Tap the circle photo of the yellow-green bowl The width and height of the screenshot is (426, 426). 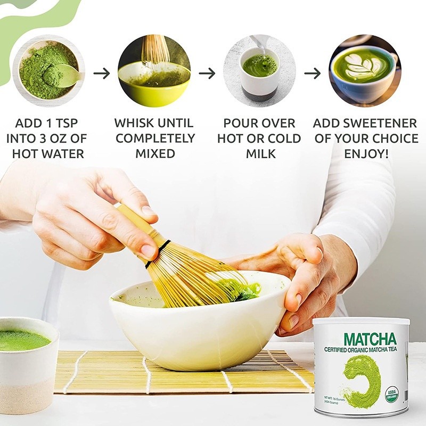click(x=154, y=71)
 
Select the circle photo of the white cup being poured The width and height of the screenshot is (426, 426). click(x=259, y=71)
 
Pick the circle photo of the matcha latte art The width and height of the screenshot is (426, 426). click(x=365, y=71)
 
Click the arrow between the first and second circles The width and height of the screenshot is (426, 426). click(x=101, y=73)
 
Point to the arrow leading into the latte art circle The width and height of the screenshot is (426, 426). click(x=313, y=73)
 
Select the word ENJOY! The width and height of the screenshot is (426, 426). click(x=365, y=154)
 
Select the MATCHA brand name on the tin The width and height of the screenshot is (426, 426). click(x=370, y=339)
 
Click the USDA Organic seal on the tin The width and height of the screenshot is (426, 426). click(x=391, y=395)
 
